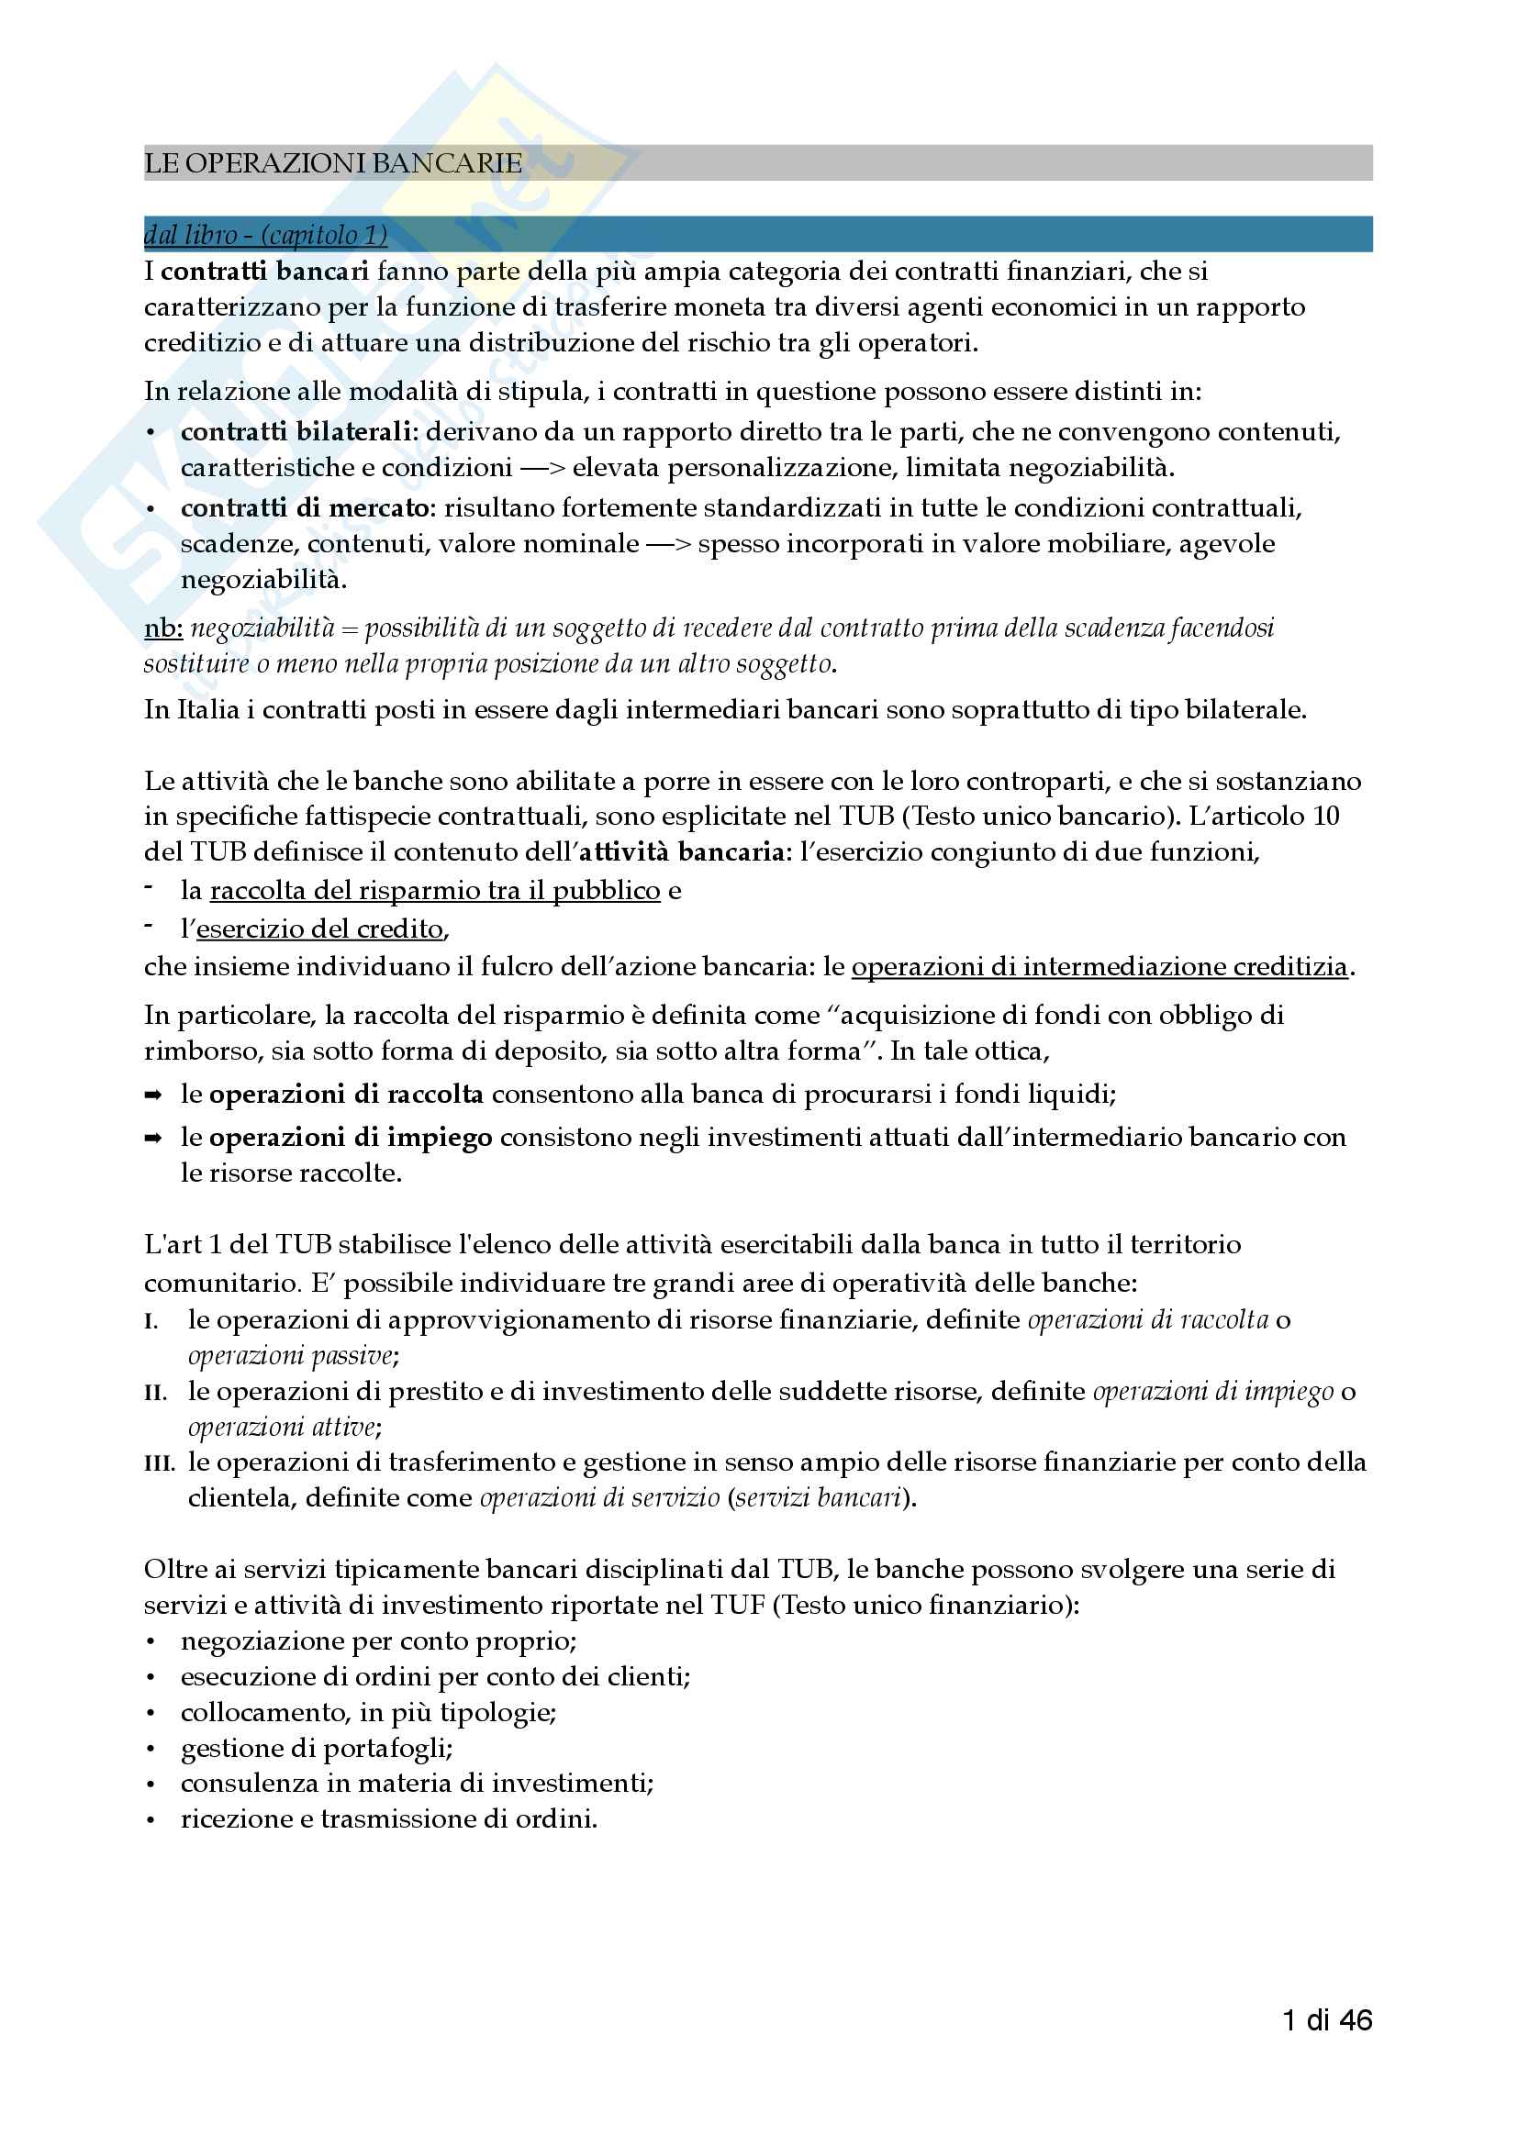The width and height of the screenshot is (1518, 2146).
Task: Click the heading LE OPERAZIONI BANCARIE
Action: pyautogui.click(x=333, y=163)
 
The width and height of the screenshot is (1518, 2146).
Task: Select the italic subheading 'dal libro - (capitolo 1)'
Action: pyautogui.click(x=265, y=235)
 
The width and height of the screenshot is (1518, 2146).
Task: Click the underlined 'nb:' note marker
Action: pyautogui.click(x=162, y=628)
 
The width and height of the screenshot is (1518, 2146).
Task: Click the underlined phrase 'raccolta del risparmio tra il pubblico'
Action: pyautogui.click(x=435, y=891)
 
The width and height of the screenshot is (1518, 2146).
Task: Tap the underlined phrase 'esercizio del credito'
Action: pyautogui.click(x=319, y=929)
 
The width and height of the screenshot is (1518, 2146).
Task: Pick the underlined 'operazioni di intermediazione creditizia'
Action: pyautogui.click(x=1099, y=966)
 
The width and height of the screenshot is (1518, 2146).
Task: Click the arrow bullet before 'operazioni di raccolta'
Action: pyautogui.click(x=153, y=1095)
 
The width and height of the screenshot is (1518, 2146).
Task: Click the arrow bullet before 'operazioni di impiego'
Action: pyautogui.click(x=153, y=1139)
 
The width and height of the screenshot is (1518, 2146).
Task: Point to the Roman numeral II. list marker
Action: pyautogui.click(x=156, y=1393)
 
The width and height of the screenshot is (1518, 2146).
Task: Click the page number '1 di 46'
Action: pyautogui.click(x=1327, y=2020)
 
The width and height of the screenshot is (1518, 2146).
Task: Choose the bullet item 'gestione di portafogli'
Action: pyautogui.click(x=316, y=1749)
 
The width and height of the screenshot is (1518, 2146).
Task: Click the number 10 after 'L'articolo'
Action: pyautogui.click(x=1325, y=817)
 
